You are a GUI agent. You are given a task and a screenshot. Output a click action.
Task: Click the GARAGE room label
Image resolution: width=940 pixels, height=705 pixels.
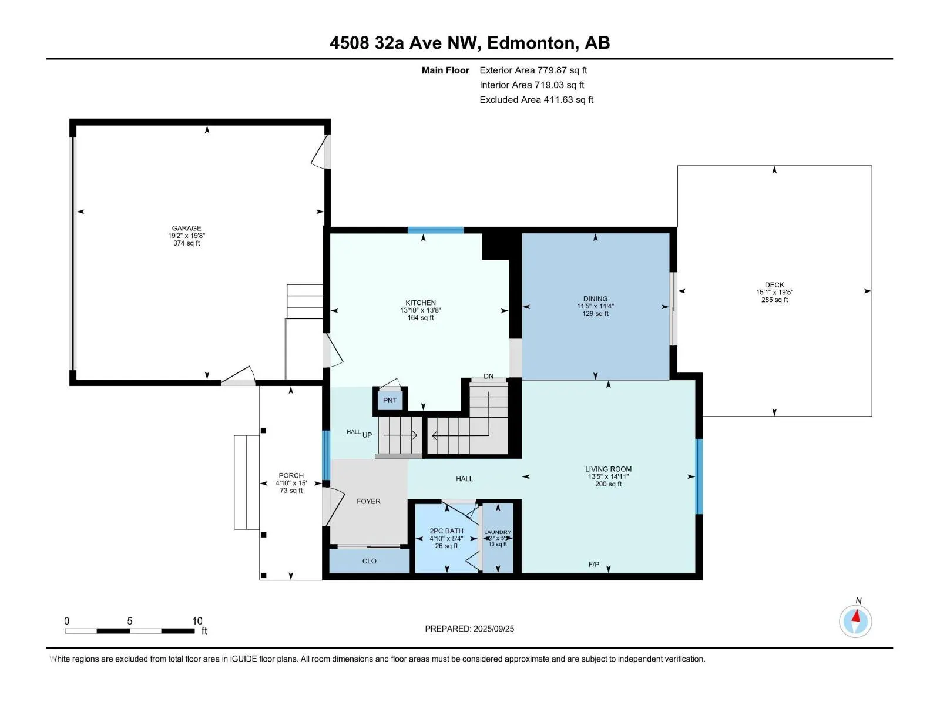pyautogui.click(x=186, y=228)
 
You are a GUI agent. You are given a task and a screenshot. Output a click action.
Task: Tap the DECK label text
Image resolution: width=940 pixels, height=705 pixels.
pyautogui.click(x=774, y=284)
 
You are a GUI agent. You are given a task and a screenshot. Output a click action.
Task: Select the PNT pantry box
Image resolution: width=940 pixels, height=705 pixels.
pyautogui.click(x=390, y=400)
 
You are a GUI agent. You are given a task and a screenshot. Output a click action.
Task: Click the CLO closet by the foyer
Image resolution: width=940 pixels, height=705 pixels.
pyautogui.click(x=369, y=561)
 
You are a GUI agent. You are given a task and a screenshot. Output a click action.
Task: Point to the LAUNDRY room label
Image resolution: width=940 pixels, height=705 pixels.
pyautogui.click(x=498, y=532)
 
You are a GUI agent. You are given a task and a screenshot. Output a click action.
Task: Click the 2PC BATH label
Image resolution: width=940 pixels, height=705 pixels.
pyautogui.click(x=446, y=531)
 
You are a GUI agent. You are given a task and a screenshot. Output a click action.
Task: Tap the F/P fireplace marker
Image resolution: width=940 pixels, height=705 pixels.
pyautogui.click(x=594, y=565)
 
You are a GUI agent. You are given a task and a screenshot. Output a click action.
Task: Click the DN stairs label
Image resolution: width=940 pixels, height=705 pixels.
pyautogui.click(x=489, y=376)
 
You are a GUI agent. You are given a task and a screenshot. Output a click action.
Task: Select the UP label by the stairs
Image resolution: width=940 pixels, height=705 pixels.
pyautogui.click(x=367, y=435)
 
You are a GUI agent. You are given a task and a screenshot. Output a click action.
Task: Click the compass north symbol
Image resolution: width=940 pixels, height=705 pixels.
pyautogui.click(x=855, y=620)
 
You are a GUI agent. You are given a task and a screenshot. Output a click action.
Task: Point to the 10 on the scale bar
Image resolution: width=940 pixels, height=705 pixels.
pyautogui.click(x=197, y=621)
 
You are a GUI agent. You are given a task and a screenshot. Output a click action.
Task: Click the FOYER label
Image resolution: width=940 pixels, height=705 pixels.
pyautogui.click(x=368, y=501)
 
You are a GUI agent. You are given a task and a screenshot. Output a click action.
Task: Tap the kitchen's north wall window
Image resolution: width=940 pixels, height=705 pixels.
pyautogui.click(x=435, y=230)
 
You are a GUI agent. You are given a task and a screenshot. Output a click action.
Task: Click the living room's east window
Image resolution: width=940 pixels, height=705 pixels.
pyautogui.click(x=699, y=476)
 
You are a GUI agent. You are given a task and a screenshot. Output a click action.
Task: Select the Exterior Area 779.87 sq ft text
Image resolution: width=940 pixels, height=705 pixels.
pyautogui.click(x=533, y=70)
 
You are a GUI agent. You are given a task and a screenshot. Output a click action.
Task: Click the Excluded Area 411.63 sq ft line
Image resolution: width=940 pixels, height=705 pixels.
pyautogui.click(x=536, y=99)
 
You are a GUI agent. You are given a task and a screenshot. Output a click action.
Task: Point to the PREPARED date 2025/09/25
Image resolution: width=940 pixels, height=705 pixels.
pyautogui.click(x=469, y=629)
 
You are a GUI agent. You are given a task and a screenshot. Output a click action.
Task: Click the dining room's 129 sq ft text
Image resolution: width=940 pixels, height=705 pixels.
pyautogui.click(x=595, y=314)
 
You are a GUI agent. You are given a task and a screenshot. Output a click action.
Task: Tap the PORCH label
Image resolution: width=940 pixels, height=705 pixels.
pyautogui.click(x=291, y=475)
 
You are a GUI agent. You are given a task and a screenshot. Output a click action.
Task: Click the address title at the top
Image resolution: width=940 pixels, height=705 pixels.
pyautogui.click(x=469, y=43)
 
